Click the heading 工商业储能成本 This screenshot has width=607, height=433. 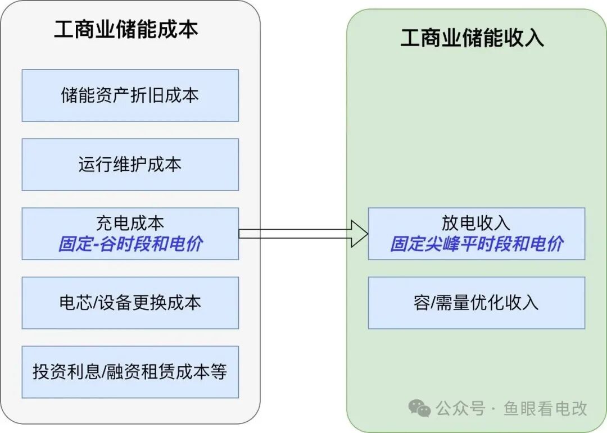(x=126, y=30)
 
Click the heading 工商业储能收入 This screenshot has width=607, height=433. (x=472, y=38)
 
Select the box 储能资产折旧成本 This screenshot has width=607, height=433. (x=130, y=95)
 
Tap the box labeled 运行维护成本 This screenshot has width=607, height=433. (x=130, y=165)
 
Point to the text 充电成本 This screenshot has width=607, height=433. (x=130, y=223)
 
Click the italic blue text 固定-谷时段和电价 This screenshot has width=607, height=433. (x=130, y=244)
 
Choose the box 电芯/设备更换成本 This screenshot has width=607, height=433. (x=130, y=303)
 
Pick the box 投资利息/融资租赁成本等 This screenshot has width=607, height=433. (x=130, y=372)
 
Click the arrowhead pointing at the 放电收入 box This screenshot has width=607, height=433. (x=359, y=233)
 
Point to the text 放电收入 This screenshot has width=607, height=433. (x=476, y=223)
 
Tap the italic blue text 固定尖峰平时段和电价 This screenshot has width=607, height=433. (x=477, y=244)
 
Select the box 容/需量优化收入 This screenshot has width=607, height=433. (x=476, y=303)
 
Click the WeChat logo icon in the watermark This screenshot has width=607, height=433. (x=419, y=408)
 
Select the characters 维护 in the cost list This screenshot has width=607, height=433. (x=130, y=165)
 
